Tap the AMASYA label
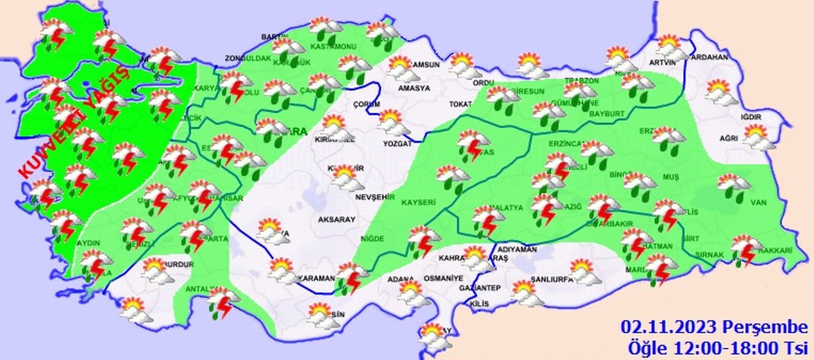click(414, 88)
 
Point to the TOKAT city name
click(460, 104)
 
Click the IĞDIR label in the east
click(750, 117)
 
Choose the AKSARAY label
click(336, 219)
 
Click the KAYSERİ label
click(418, 202)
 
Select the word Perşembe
click(763, 328)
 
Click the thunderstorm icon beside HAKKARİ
click(747, 249)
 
